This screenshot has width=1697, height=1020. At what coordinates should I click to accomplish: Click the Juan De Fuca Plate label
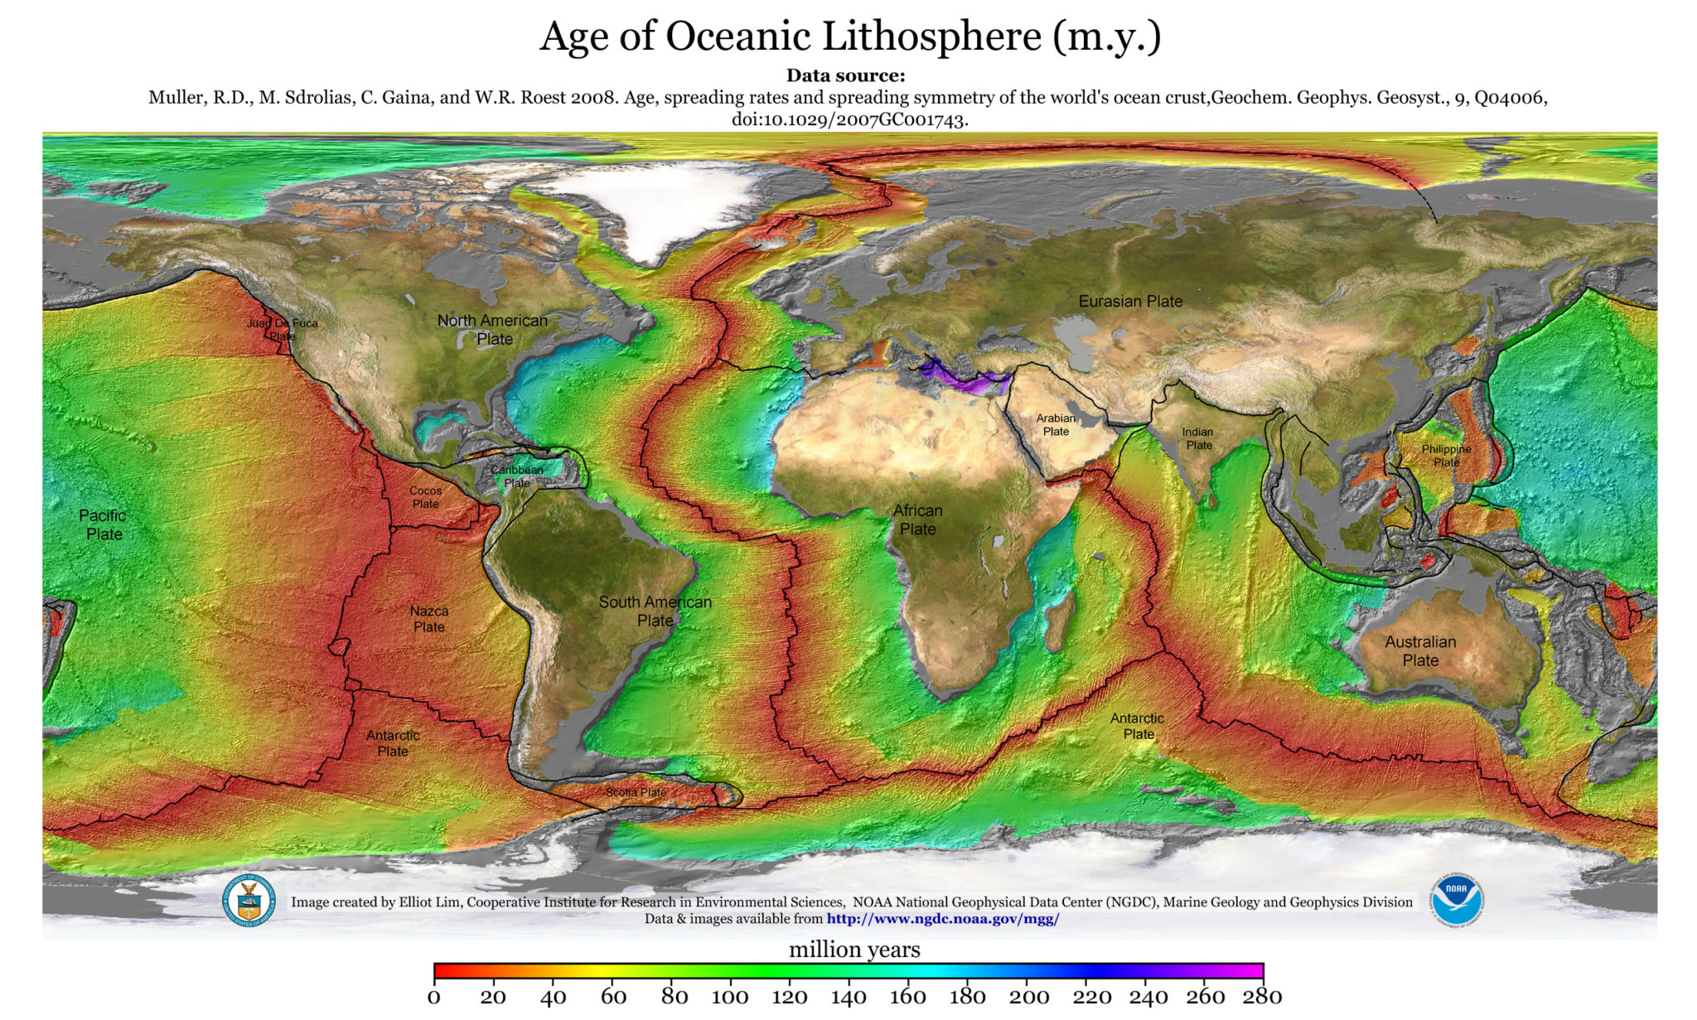tap(282, 330)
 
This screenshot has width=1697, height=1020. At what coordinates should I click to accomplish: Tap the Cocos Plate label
tap(425, 497)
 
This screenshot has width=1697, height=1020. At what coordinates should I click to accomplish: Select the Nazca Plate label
tap(429, 619)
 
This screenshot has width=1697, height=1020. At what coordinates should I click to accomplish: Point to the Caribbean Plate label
tap(517, 476)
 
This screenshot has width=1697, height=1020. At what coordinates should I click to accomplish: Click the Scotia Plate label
tap(636, 792)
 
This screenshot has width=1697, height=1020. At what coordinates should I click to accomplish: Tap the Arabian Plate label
tap(1056, 424)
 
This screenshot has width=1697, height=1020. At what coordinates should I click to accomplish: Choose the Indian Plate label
tap(1198, 438)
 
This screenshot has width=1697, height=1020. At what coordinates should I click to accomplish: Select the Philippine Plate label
tap(1446, 455)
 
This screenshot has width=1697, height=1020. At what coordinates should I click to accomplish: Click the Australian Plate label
tap(1420, 650)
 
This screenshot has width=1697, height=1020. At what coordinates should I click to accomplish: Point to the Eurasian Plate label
tap(1130, 302)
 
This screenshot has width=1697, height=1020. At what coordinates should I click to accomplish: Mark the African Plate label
tap(917, 520)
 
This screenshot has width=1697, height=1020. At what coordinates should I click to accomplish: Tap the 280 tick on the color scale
tap(1262, 997)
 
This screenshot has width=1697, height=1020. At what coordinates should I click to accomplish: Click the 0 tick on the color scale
tap(434, 997)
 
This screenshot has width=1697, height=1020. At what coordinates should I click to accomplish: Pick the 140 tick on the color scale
tap(848, 997)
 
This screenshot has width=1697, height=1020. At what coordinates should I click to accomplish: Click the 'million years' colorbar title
tap(854, 950)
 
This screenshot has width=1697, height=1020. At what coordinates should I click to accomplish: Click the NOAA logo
tap(1456, 900)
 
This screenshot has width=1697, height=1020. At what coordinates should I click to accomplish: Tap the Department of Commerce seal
tap(248, 902)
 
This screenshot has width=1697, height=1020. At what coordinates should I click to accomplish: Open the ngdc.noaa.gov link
tap(942, 919)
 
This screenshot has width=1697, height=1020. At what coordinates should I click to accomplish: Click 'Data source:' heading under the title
tap(845, 75)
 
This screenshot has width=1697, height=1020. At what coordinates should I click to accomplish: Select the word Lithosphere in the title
tap(933, 36)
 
